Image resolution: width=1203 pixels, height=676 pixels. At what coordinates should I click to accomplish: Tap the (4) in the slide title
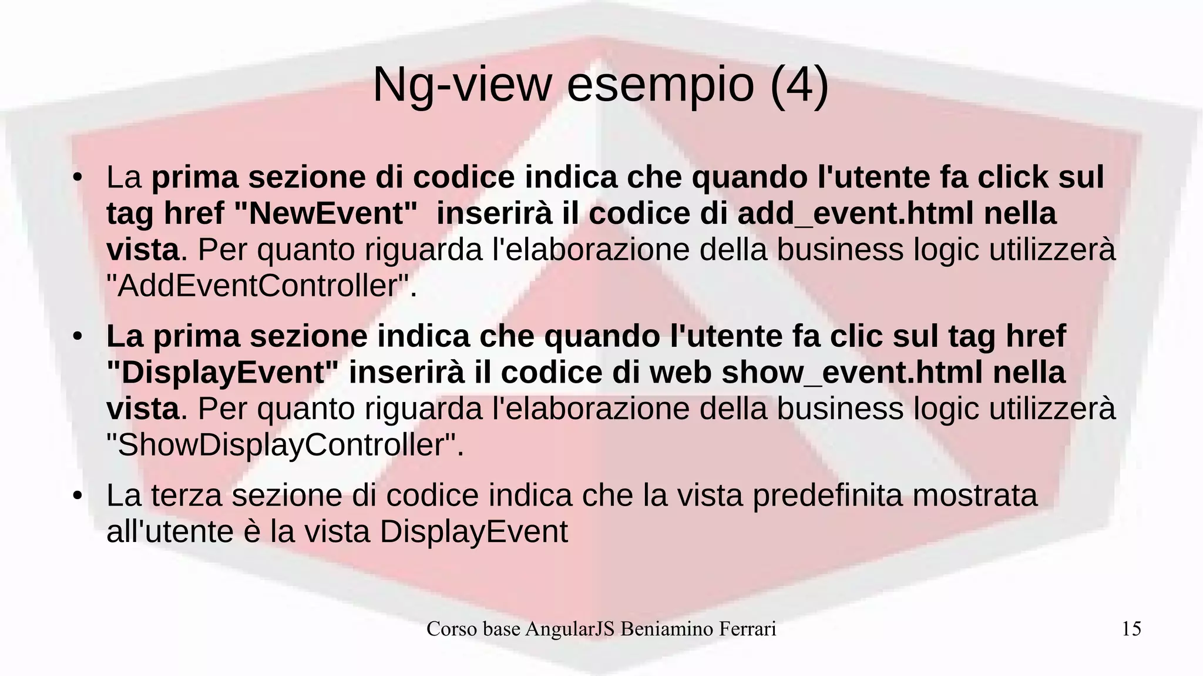[x=799, y=85]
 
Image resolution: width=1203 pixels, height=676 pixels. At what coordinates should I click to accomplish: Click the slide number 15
[x=1131, y=629]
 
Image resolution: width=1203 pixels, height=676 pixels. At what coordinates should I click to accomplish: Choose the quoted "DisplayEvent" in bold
[x=223, y=373]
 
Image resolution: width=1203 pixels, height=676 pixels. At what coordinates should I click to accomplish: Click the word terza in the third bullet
[x=186, y=495]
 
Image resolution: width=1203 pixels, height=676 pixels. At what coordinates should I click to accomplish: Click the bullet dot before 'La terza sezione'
[x=76, y=496]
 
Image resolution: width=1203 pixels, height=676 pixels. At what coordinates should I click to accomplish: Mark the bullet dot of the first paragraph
[x=76, y=178]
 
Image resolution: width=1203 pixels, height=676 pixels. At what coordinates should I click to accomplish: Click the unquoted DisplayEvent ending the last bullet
[x=474, y=532]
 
